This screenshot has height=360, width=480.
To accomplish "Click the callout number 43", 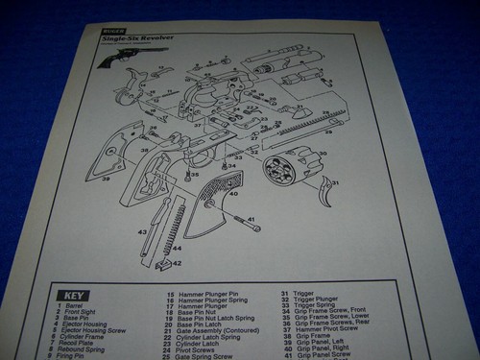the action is (142, 232).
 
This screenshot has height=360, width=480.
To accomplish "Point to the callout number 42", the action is (176, 262).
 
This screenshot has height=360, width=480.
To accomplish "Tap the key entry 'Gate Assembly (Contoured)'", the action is (212, 329).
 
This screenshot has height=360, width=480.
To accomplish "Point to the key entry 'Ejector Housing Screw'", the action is (96, 329).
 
